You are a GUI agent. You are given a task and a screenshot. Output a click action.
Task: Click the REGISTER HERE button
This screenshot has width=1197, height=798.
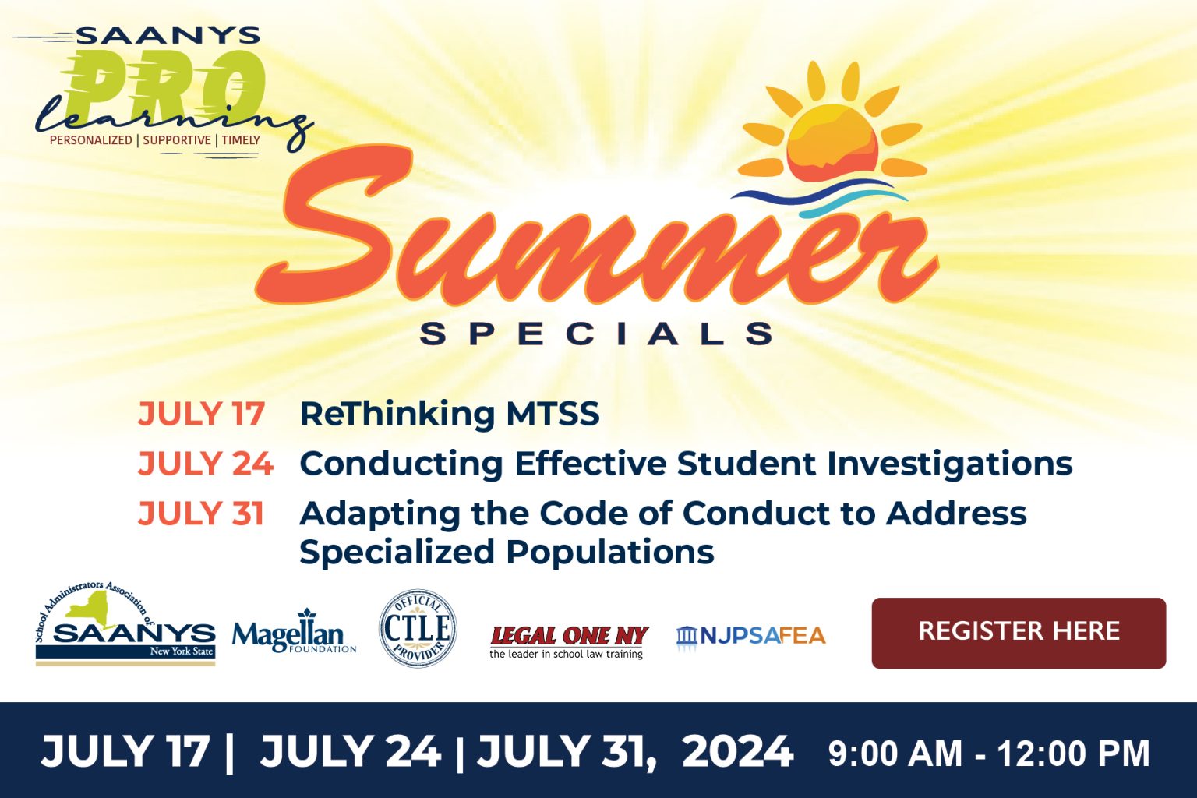[1019, 633]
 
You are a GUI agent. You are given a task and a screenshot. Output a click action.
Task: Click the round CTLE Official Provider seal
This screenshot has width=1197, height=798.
[418, 629]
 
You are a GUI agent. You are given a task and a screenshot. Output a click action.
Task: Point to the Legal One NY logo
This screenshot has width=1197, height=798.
[569, 641]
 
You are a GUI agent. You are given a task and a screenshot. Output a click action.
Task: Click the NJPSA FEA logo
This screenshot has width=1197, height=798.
[750, 636]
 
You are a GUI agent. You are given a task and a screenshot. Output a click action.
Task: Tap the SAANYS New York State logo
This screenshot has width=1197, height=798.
[125, 623]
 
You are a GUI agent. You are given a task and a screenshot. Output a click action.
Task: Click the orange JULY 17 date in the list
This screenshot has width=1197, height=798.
[201, 414]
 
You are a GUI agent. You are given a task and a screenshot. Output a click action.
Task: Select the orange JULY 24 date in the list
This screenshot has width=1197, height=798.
[206, 463]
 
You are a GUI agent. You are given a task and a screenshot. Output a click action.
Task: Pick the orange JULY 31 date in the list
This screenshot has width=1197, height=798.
[201, 513]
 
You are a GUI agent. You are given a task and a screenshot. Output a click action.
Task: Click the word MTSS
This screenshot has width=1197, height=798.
[553, 414]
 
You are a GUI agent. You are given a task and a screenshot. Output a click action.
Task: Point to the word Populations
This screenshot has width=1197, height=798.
[609, 553]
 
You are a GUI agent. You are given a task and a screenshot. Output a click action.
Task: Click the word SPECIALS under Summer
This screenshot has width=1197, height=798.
[596, 334]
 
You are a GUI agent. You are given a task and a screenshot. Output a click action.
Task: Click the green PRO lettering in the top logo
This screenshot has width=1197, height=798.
[166, 81]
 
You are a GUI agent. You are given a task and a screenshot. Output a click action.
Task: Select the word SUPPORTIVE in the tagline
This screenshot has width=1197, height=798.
[177, 140]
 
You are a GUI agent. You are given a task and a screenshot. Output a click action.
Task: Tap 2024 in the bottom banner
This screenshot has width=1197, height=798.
[737, 752]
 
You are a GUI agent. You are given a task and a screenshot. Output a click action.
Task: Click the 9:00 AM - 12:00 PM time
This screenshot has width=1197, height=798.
[989, 754]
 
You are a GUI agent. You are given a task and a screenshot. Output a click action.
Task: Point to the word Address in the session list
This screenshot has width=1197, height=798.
[956, 513]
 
